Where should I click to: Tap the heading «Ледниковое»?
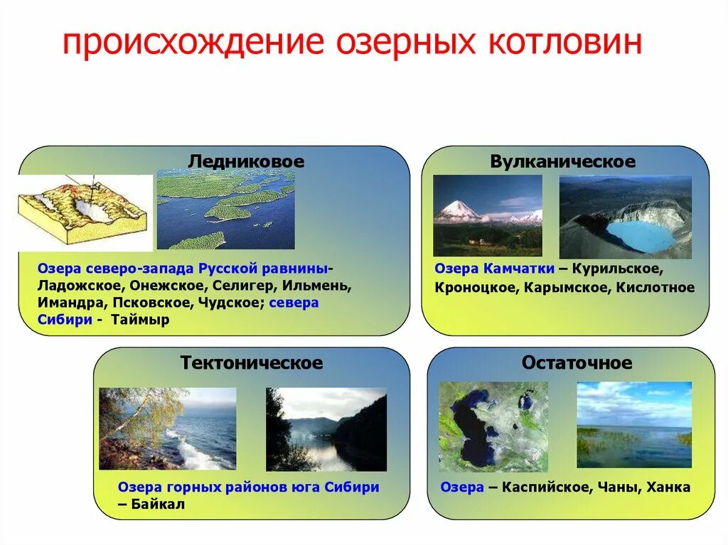(x=246, y=161)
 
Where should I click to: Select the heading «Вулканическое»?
(x=562, y=161)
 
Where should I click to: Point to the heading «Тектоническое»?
(x=252, y=363)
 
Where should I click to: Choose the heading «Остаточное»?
(x=577, y=363)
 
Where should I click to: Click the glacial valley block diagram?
(x=84, y=212)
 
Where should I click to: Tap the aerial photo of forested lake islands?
(x=225, y=209)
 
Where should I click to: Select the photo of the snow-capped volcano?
(x=487, y=215)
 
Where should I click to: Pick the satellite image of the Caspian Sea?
(x=493, y=426)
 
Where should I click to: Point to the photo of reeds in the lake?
(x=633, y=424)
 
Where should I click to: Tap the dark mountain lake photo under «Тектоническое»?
(x=326, y=429)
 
